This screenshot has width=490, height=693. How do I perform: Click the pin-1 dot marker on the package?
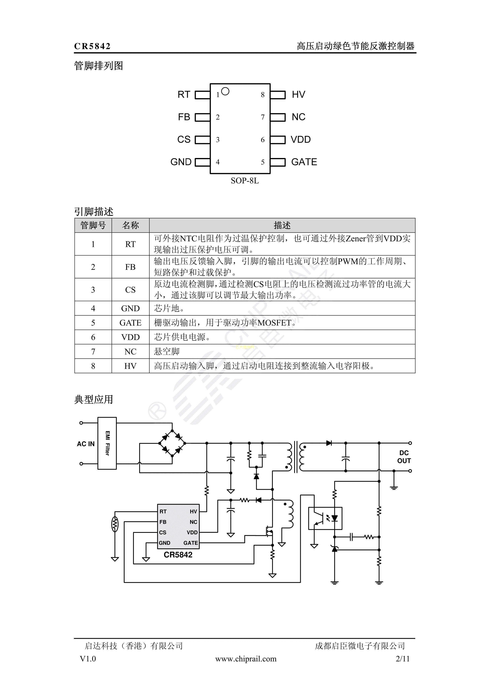click(225, 91)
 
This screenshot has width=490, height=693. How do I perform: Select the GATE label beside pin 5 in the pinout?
click(304, 162)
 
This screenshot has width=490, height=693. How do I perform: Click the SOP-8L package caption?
click(245, 181)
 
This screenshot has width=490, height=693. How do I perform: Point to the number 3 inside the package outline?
click(218, 140)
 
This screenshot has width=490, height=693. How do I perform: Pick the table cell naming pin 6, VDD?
click(130, 337)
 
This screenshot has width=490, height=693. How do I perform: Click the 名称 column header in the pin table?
click(130, 225)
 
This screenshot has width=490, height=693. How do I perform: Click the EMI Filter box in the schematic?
click(107, 443)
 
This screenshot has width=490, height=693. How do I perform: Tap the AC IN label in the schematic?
click(86, 444)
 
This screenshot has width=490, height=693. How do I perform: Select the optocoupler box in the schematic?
click(325, 518)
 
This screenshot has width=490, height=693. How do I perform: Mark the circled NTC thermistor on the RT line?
click(115, 525)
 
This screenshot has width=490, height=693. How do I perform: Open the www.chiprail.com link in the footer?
click(246, 659)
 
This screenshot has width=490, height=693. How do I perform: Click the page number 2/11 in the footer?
click(403, 659)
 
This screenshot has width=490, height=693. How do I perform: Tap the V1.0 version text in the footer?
click(88, 659)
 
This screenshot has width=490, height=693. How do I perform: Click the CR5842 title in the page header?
click(92, 46)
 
